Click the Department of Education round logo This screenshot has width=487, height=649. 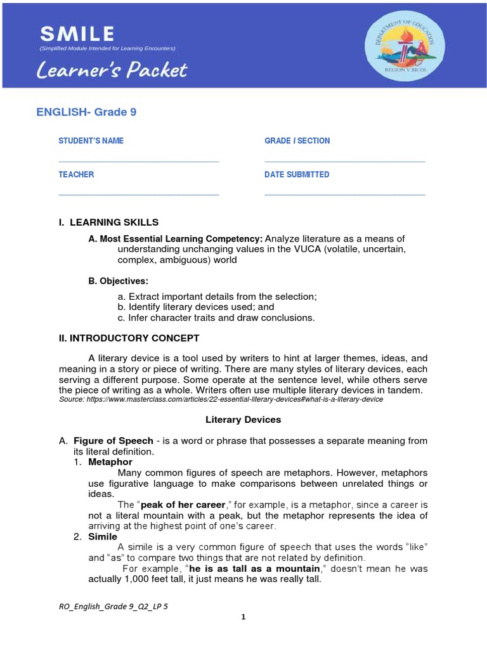tap(404, 46)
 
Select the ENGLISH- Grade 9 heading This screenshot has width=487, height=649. tap(86, 112)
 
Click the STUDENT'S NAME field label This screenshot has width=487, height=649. tap(91, 141)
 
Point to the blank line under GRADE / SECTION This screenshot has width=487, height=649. tap(344, 162)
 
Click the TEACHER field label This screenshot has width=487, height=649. tap(76, 174)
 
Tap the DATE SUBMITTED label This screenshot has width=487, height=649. tap(297, 174)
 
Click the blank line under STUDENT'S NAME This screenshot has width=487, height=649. tap(138, 162)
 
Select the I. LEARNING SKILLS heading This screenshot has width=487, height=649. tap(108, 222)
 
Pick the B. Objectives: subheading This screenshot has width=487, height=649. tap(119, 281)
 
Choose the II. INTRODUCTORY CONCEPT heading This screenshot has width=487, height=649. tap(129, 338)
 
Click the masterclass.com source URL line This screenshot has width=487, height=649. tap(221, 400)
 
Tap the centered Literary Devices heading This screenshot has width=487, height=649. tap(243, 420)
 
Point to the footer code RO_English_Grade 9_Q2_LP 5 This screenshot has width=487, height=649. tap(113, 607)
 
